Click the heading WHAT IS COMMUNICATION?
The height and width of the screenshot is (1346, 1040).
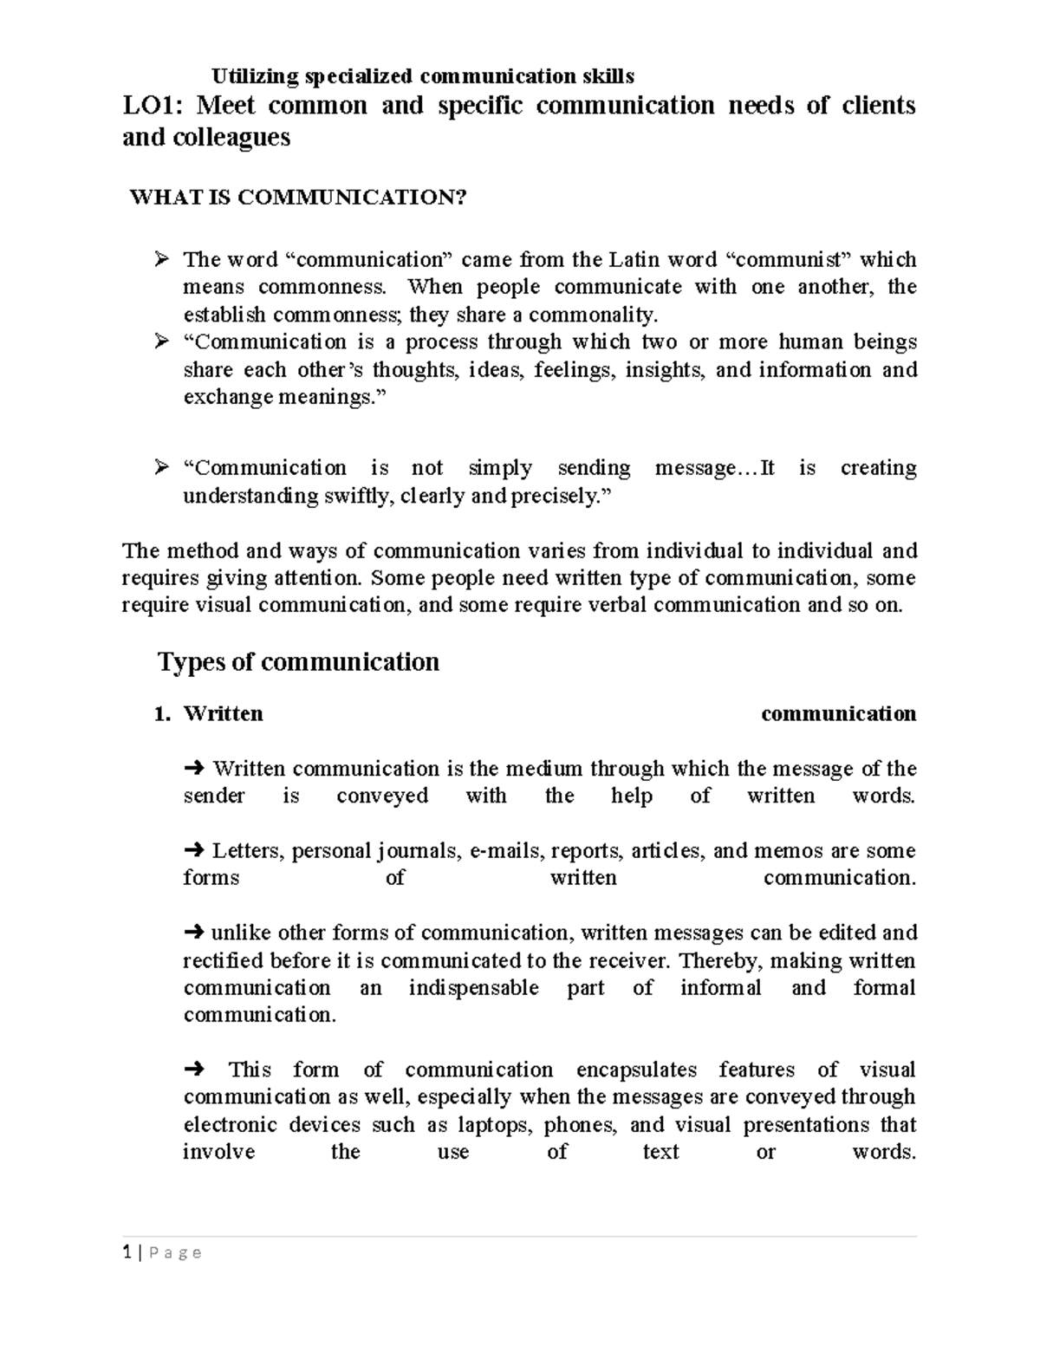297,198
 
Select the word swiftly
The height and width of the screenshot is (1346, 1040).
350,497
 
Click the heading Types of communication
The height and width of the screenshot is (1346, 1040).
298,662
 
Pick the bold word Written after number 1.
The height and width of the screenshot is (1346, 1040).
223,714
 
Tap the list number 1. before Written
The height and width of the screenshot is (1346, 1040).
160,714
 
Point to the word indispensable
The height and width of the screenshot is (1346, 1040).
473,988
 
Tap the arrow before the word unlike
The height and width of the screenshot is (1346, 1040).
193,933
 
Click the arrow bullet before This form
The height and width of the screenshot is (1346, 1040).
193,1070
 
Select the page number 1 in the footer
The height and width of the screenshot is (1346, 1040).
127,1252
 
